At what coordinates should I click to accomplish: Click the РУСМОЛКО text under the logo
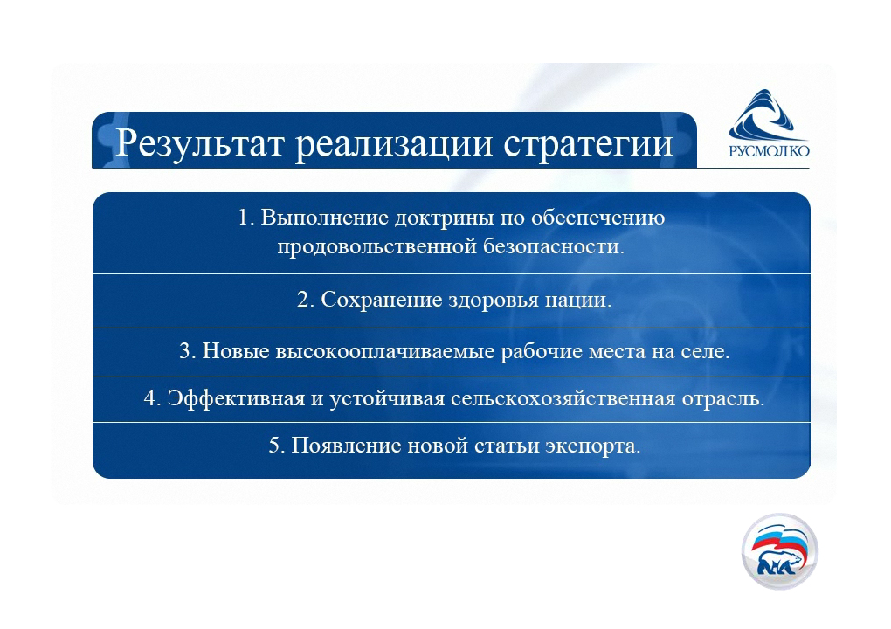(x=769, y=150)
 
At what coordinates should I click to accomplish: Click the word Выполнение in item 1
(x=324, y=218)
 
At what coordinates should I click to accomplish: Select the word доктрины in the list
(x=445, y=218)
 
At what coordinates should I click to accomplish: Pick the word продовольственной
(x=376, y=247)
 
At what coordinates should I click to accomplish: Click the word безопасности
(x=554, y=246)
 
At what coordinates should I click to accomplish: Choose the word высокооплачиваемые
(x=385, y=352)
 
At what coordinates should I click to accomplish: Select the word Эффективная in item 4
(x=236, y=398)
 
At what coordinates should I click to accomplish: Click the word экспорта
(x=592, y=446)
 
